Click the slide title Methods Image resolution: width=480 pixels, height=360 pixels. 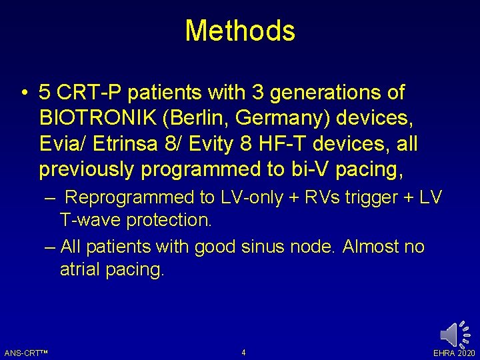pyautogui.click(x=240, y=31)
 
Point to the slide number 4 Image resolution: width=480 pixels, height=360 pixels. pyautogui.click(x=243, y=352)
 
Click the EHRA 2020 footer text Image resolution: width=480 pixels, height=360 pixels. pyautogui.click(x=454, y=353)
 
